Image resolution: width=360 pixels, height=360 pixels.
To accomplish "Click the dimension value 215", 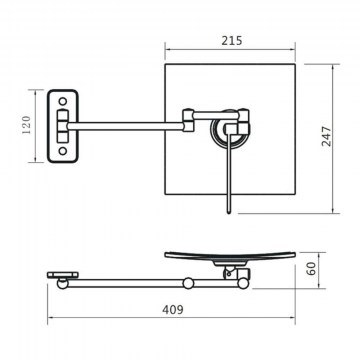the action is pyautogui.click(x=232, y=41).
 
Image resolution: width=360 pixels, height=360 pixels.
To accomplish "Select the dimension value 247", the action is pyautogui.click(x=327, y=136).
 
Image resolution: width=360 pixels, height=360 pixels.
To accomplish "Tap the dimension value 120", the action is pyautogui.click(x=27, y=124).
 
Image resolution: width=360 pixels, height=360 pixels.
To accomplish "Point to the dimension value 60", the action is pyautogui.click(x=311, y=268).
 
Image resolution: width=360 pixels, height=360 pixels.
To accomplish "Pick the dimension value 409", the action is pyautogui.click(x=173, y=310).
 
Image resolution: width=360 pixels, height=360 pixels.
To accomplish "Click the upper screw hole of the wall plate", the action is pyautogui.click(x=63, y=101).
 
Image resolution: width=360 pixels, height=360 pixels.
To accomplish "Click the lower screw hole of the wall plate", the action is pyautogui.click(x=63, y=151).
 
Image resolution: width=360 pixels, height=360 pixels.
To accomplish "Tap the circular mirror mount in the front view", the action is pyautogui.click(x=229, y=129).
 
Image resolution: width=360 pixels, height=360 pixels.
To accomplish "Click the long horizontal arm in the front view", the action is pyautogui.click(x=126, y=126).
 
